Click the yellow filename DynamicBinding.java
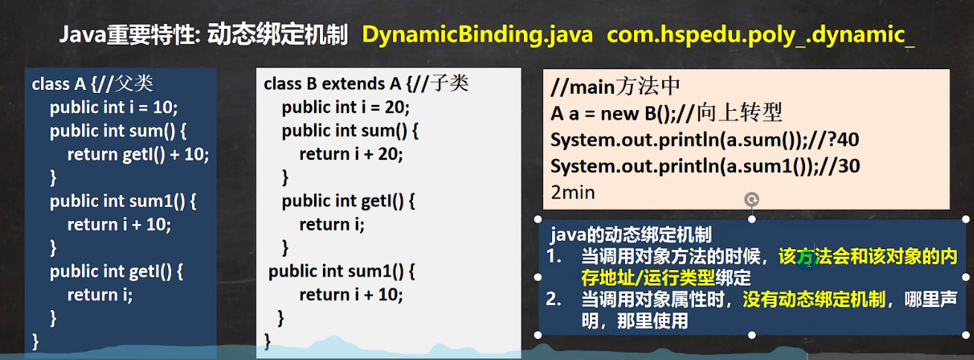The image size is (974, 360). (x=477, y=35)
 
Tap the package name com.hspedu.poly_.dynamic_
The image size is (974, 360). (x=760, y=35)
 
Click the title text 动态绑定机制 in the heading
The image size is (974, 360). (x=278, y=35)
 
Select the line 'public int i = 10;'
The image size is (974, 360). (x=114, y=107)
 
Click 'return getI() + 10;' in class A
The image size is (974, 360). (x=138, y=155)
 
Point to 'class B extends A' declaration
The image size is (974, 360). (x=333, y=83)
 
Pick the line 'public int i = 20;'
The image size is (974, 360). (x=346, y=107)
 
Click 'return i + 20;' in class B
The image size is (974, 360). (x=351, y=155)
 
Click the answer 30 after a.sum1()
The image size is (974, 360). (x=848, y=167)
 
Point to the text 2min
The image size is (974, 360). (x=573, y=192)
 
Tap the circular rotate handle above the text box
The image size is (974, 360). (x=752, y=199)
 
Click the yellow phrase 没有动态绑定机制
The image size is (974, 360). (x=814, y=300)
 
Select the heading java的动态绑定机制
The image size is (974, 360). (x=631, y=235)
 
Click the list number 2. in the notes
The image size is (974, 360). (x=554, y=299)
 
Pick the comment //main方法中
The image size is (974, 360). (x=615, y=86)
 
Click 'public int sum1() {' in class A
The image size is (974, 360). (x=123, y=202)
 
